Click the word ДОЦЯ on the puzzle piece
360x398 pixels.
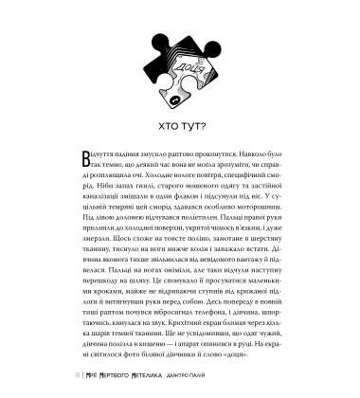pos(183,70)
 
